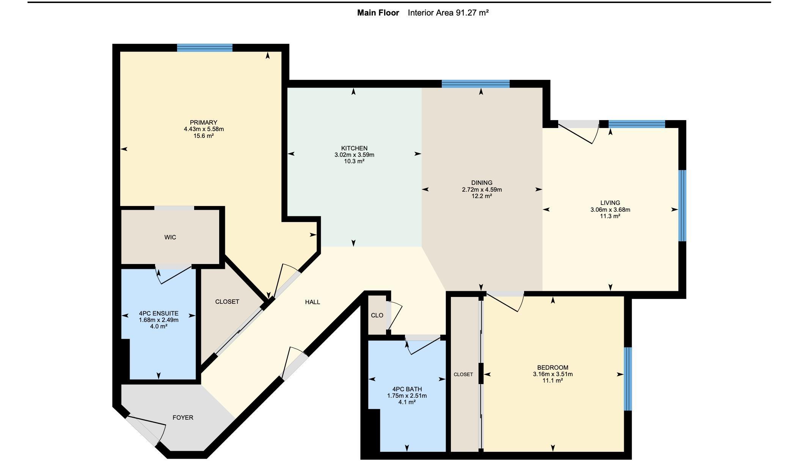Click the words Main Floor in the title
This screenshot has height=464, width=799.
coord(378,13)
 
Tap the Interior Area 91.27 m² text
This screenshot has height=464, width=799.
coord(448,13)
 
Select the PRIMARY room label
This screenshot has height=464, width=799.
coord(204,122)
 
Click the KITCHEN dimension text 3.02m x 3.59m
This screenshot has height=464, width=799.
coord(354,155)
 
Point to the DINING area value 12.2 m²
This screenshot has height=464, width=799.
coord(482,196)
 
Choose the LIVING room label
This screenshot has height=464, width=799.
coord(610,203)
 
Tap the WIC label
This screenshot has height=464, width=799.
coord(170,237)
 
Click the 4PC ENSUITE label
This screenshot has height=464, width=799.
coord(159,313)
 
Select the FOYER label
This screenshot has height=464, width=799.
coord(183,417)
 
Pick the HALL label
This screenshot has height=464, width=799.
coord(312,302)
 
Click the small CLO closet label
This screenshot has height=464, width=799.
coord(377,315)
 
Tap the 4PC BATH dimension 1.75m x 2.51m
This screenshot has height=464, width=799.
coord(407,396)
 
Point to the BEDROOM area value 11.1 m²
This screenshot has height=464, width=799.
coord(553,380)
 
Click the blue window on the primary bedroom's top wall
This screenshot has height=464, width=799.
coord(205,48)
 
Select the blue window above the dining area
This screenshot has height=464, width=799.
coord(476,84)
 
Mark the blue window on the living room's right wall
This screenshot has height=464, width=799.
coord(682,206)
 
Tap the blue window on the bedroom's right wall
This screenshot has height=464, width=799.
coord(628,379)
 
